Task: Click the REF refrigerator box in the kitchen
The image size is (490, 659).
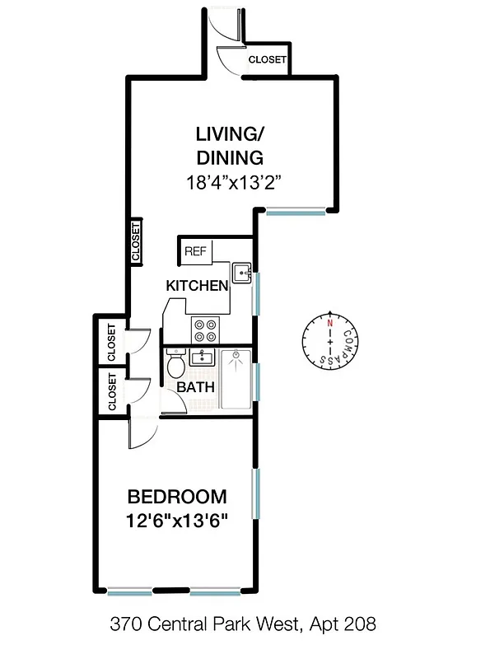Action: click(195, 250)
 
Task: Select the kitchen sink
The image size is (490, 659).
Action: click(240, 273)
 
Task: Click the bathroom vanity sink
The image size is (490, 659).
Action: click(202, 358)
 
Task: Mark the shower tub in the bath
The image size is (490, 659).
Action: click(236, 379)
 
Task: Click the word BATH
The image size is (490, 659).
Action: click(196, 387)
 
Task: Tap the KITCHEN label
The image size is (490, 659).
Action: click(197, 286)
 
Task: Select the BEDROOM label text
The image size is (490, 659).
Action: click(176, 497)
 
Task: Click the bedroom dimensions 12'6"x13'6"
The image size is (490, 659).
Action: click(176, 521)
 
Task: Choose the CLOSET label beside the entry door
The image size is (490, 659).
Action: click(267, 60)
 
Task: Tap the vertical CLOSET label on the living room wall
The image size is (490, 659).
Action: click(135, 241)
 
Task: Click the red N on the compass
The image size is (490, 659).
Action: click(329, 323)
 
